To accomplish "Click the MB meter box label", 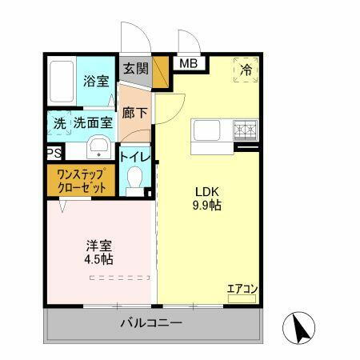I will [x=189, y=64].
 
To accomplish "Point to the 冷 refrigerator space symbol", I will [x=246, y=70].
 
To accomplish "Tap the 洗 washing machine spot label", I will [x=59, y=123].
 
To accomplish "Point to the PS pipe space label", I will [x=54, y=153].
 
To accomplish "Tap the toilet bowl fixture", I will [x=136, y=178].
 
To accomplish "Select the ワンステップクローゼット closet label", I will [x=83, y=180].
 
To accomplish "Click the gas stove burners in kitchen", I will [x=245, y=129].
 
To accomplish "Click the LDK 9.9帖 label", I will [x=205, y=198].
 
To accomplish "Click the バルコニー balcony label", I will [x=151, y=324].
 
